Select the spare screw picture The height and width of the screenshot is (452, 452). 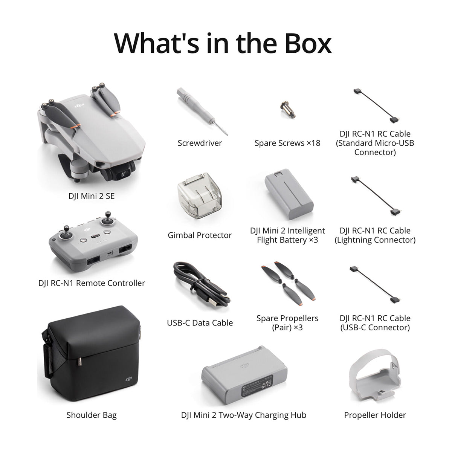point(287,108)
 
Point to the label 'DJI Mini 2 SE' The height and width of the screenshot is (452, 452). point(92,196)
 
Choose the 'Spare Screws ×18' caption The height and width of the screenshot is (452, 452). point(287,143)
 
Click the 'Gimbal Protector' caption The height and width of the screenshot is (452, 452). point(200,235)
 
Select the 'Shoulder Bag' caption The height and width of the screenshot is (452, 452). point(92,415)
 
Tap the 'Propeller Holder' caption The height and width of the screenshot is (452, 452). point(375,415)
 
